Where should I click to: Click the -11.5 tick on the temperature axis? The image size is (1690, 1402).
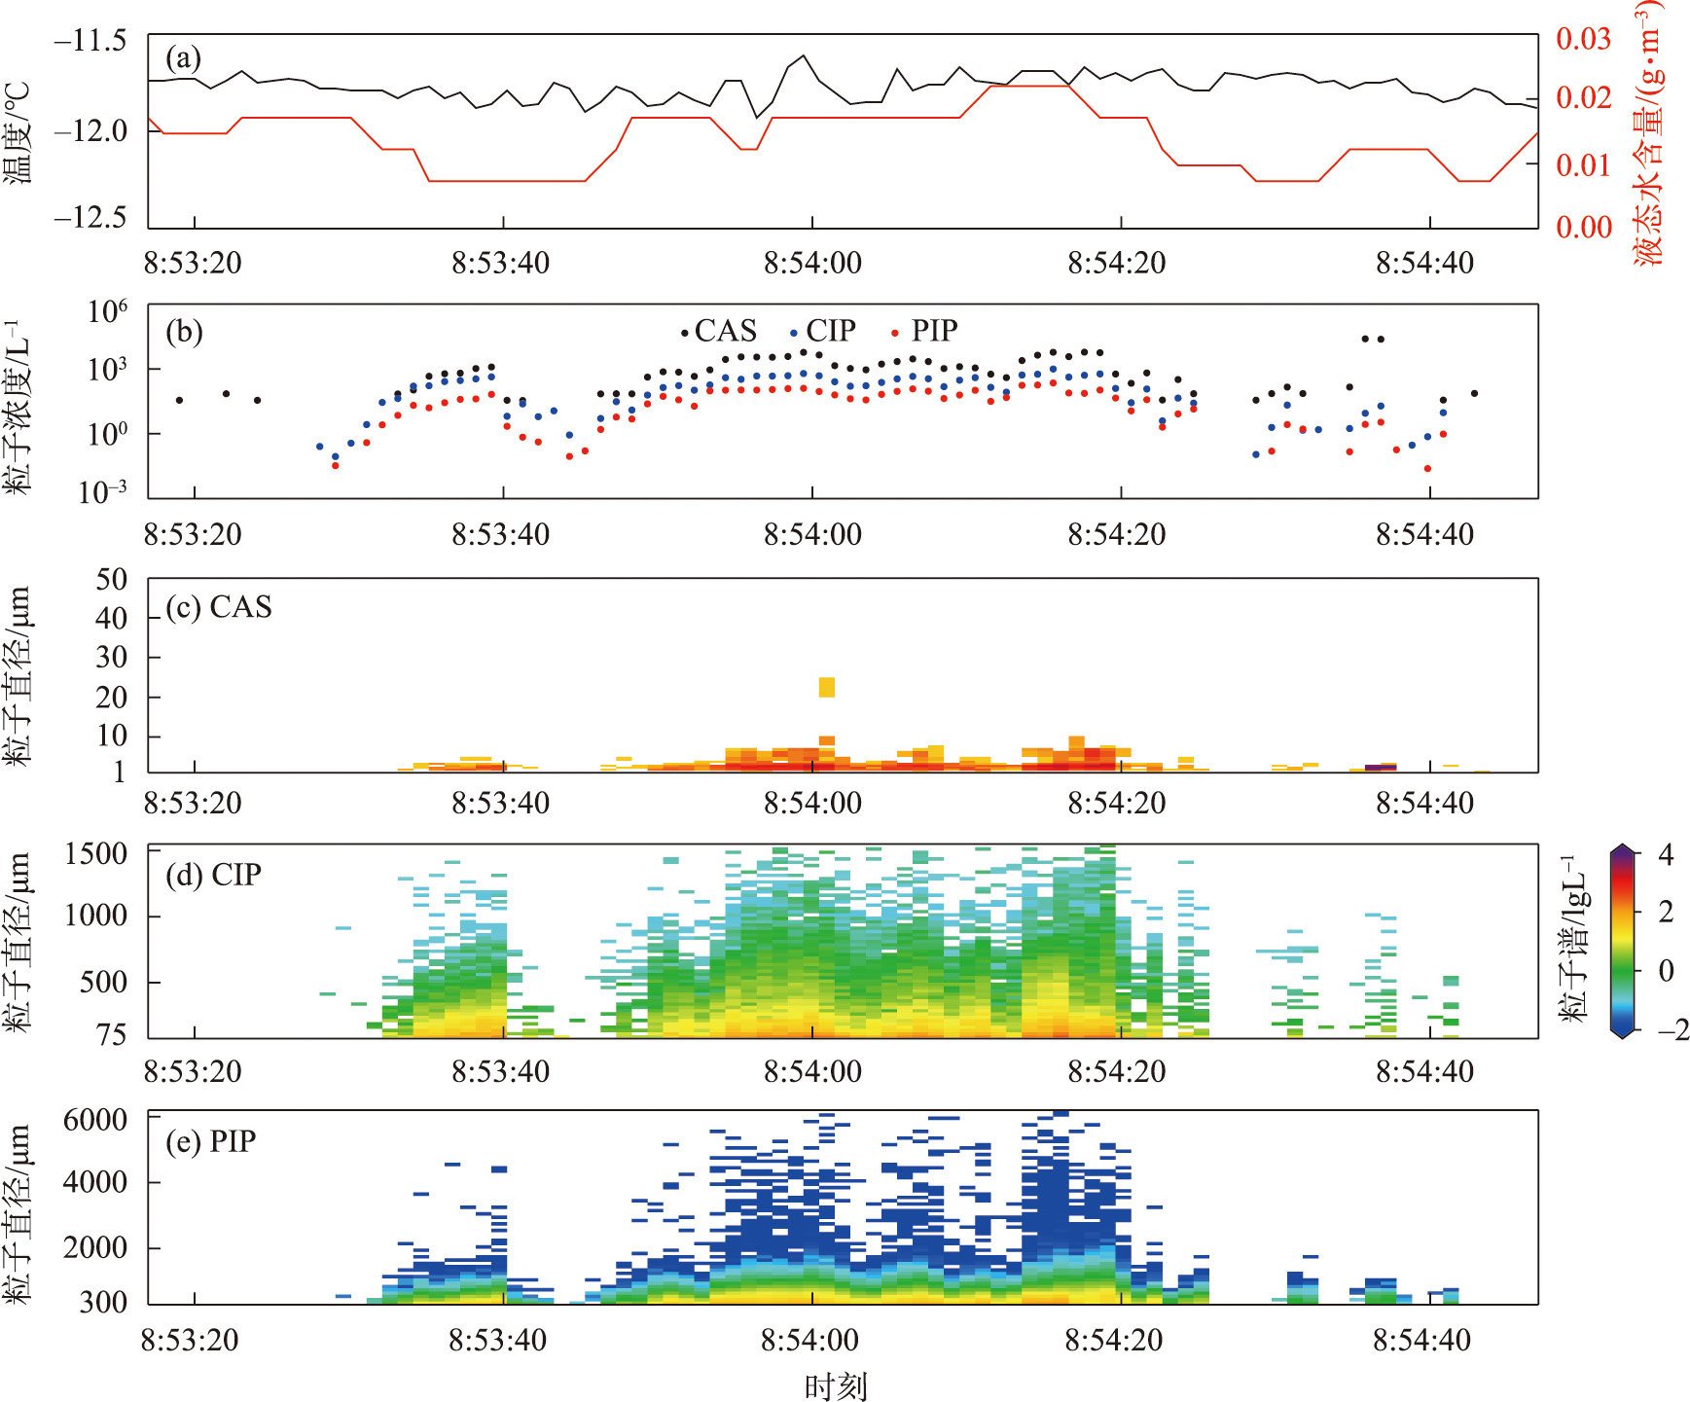pyautogui.click(x=91, y=40)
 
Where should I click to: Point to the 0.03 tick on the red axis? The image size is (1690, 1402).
pyautogui.click(x=1584, y=39)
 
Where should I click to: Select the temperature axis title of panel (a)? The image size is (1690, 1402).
pyautogui.click(x=18, y=132)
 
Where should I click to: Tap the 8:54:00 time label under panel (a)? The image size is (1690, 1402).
pyautogui.click(x=812, y=263)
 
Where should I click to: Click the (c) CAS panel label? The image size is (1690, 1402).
pyautogui.click(x=219, y=606)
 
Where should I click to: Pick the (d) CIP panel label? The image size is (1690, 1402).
pyautogui.click(x=213, y=874)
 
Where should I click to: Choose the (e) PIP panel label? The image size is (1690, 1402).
pyautogui.click(x=210, y=1140)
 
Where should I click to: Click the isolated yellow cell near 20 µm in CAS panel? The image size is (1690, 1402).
pyautogui.click(x=826, y=687)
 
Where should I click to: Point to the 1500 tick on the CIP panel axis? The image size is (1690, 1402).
pyautogui.click(x=96, y=853)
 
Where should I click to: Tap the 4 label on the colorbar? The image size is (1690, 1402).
pyautogui.click(x=1666, y=854)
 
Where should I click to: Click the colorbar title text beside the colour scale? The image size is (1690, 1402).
pyautogui.click(x=1574, y=939)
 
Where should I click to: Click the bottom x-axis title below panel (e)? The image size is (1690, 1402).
pyautogui.click(x=836, y=1385)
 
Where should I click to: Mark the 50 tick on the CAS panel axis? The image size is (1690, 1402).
pyautogui.click(x=112, y=580)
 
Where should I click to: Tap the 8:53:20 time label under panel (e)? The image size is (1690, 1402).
pyautogui.click(x=190, y=1340)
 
